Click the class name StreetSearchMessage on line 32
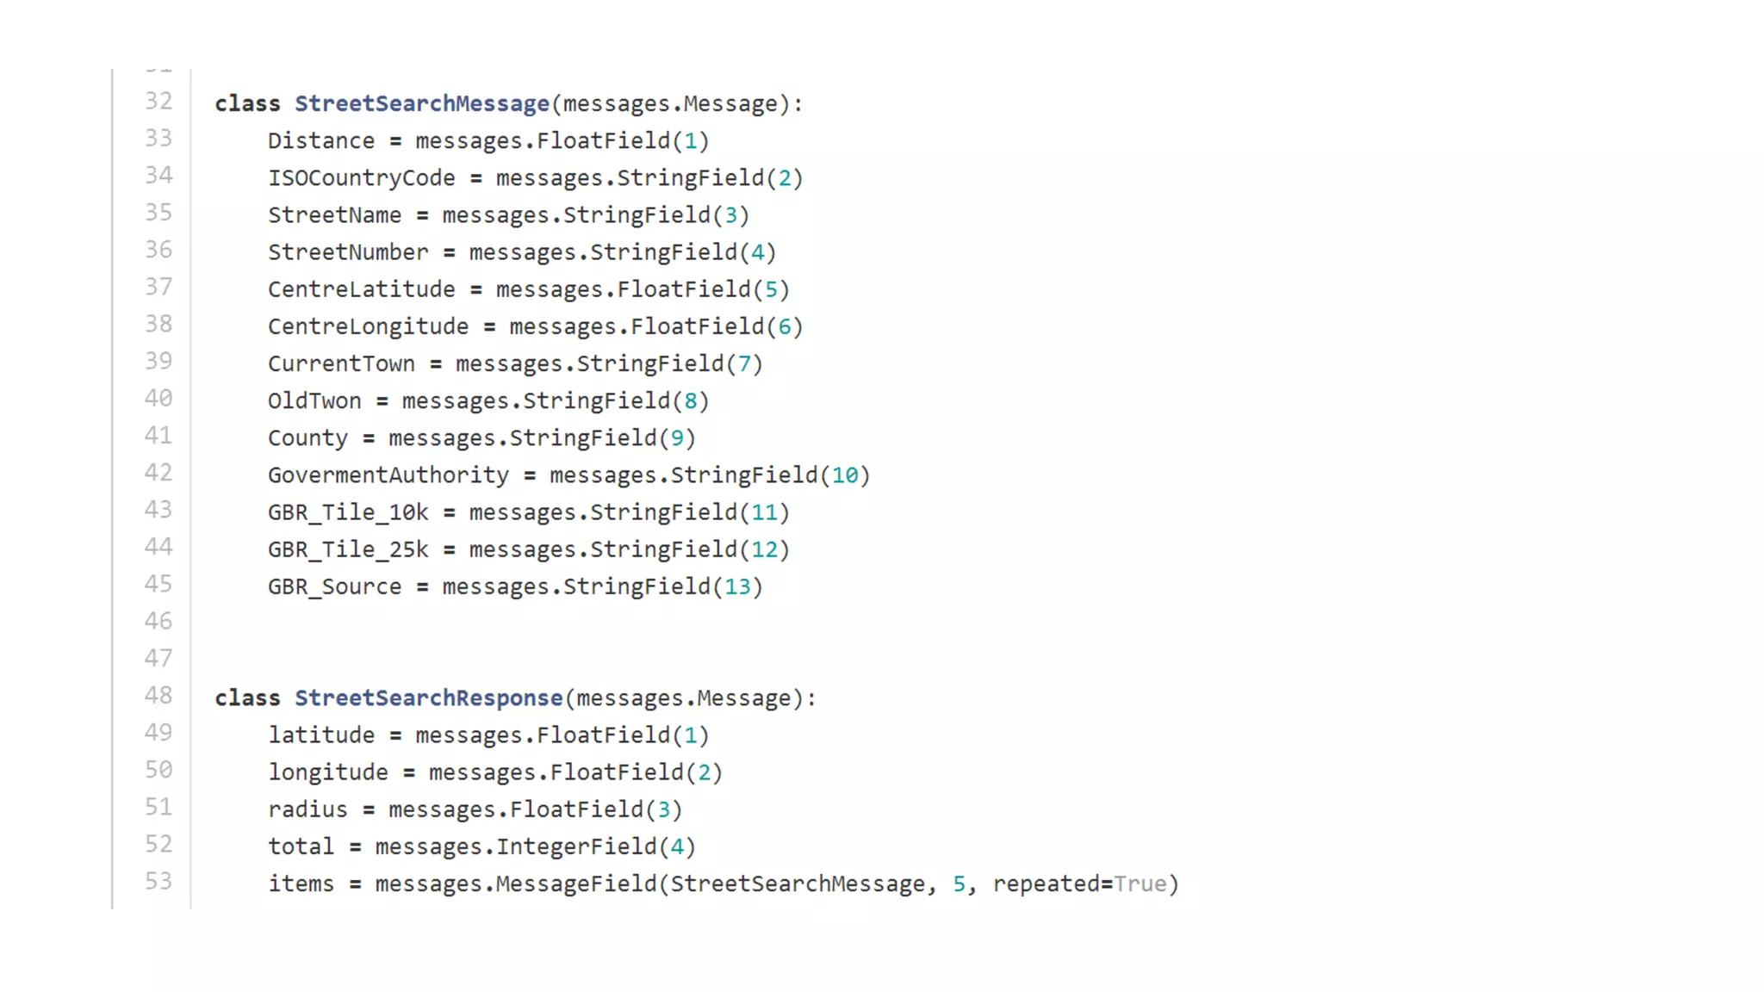tap(421, 104)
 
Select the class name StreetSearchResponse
tap(428, 698)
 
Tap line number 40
tap(158, 399)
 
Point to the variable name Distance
tap(320, 141)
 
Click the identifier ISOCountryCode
tap(361, 178)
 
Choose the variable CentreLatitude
tap(361, 289)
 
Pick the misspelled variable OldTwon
tap(314, 401)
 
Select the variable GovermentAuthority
tap(388, 475)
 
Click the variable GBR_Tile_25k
tap(347, 549)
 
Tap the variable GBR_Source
tap(334, 587)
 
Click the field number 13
tap(737, 587)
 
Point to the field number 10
tap(845, 475)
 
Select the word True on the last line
tap(1140, 884)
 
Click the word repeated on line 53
tap(1046, 884)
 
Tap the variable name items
tap(301, 884)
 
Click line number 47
tap(158, 659)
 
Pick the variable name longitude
tap(327, 772)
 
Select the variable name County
tap(307, 438)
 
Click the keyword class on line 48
tap(247, 698)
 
